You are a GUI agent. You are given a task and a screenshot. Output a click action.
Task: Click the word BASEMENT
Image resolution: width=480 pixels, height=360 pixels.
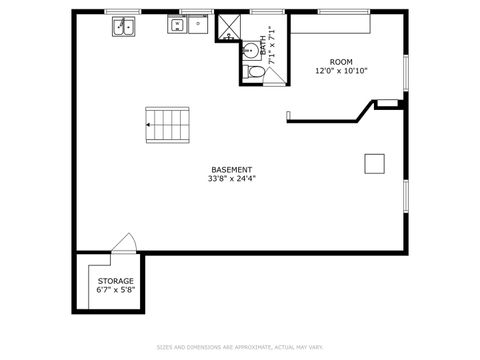(231, 170)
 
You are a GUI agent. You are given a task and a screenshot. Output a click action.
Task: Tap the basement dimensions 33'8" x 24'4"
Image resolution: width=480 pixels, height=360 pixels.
(231, 179)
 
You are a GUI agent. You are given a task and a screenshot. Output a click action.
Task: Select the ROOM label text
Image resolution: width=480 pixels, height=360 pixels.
(341, 62)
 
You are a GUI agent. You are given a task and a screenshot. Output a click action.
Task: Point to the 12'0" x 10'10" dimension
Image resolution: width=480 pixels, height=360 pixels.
(341, 71)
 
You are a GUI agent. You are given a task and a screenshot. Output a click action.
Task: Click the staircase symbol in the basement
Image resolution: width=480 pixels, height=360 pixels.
(167, 124)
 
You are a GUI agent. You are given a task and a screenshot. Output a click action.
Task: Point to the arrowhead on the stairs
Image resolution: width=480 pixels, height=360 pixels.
(148, 125)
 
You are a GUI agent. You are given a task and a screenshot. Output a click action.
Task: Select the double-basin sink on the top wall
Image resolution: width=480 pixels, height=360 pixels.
(125, 27)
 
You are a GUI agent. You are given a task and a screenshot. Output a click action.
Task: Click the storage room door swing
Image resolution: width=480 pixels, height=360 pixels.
(123, 243)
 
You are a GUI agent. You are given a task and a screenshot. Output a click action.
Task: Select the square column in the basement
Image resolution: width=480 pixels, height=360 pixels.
(374, 163)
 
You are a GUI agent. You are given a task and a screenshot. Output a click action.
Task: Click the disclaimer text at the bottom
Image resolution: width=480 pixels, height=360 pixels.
(240, 348)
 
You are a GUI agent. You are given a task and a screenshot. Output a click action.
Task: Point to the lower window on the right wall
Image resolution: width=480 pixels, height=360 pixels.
(405, 197)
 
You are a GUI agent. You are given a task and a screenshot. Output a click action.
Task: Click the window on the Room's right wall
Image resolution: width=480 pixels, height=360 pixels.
(405, 72)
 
